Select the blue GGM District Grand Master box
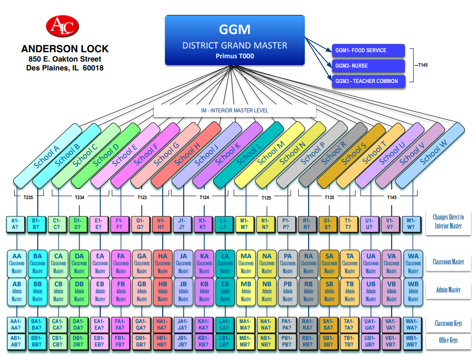coord(235,40)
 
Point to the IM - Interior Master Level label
coord(235,111)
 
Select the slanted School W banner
coord(433,154)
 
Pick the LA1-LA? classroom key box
coord(225,324)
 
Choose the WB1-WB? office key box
coord(413,341)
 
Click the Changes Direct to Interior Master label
coord(448,222)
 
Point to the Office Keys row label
coord(448,340)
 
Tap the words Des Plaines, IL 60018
coord(65,68)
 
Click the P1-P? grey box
coord(288,224)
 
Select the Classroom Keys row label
coord(448,324)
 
